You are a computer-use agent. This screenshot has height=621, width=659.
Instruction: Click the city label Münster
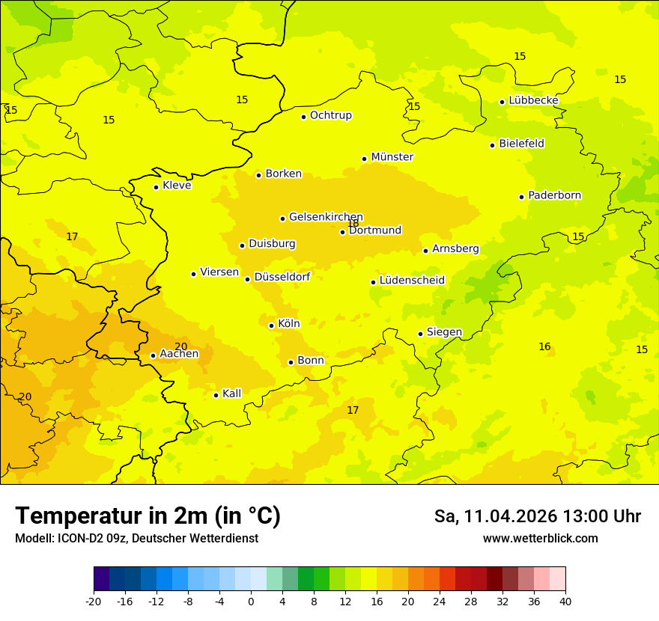click(x=392, y=157)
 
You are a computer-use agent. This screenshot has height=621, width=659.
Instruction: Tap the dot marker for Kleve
click(x=156, y=187)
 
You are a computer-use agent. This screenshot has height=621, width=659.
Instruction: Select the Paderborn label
click(x=554, y=195)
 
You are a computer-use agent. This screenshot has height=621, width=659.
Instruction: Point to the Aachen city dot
click(x=153, y=355)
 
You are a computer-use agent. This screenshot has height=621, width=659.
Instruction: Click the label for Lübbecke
click(x=533, y=100)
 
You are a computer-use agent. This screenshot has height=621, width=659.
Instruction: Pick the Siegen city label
click(x=444, y=332)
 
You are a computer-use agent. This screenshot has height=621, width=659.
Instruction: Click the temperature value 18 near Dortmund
click(x=353, y=224)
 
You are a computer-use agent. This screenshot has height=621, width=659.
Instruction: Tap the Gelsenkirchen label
click(x=326, y=217)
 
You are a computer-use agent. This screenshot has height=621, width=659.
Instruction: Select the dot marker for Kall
click(x=216, y=395)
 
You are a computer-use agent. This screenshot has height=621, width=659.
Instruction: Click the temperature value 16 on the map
click(x=544, y=346)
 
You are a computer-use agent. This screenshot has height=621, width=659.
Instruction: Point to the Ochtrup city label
click(x=330, y=115)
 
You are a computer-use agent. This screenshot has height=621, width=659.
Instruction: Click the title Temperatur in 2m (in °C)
click(x=148, y=516)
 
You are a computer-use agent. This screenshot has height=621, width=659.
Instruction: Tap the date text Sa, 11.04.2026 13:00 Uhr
click(x=537, y=516)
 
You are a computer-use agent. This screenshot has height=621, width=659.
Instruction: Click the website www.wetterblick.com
click(x=540, y=538)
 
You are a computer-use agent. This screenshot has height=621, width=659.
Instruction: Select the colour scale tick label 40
click(x=565, y=601)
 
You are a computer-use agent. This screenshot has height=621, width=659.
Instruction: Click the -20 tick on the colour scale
click(x=94, y=601)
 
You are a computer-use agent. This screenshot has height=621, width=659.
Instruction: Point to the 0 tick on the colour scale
click(x=251, y=601)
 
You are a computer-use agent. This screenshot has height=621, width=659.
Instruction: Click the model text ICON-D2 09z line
click(x=136, y=538)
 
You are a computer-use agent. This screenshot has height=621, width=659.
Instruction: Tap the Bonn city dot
click(x=291, y=362)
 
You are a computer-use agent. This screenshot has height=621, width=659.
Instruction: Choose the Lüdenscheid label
click(x=412, y=281)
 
